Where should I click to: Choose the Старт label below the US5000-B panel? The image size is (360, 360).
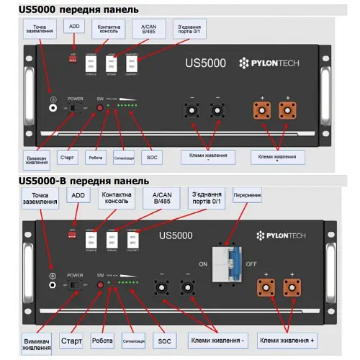(71, 340)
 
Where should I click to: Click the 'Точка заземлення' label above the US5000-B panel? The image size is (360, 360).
(40, 198)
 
